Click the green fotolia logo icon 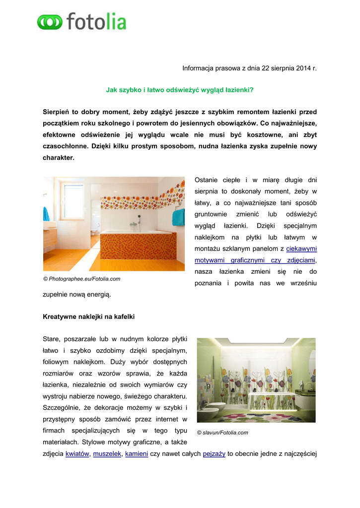[50, 22]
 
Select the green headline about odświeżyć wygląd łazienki [180, 90]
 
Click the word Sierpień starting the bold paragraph [56, 112]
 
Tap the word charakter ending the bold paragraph [58, 158]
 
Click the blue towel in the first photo [46, 214]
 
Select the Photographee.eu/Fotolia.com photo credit [81, 279]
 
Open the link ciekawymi [301, 249]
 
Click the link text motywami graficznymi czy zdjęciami [255, 260]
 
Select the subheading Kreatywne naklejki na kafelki [89, 316]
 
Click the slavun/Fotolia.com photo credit [222, 433]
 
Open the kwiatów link [77, 453]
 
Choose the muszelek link [107, 453]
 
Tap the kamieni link [137, 453]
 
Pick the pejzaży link [214, 453]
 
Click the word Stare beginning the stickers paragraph [53, 339]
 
